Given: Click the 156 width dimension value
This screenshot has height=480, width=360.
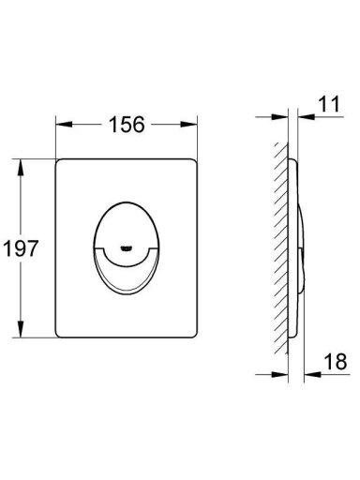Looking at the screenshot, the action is pyautogui.click(x=127, y=125).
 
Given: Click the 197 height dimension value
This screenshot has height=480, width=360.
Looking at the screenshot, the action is pyautogui.click(x=21, y=248).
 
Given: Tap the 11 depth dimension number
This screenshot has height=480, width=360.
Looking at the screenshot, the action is pyautogui.click(x=329, y=104).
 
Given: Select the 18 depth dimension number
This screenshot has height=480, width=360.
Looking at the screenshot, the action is pyautogui.click(x=336, y=361).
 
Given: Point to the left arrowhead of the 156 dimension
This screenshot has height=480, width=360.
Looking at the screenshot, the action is pyautogui.click(x=64, y=125).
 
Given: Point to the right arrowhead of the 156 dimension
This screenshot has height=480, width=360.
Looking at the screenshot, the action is pyautogui.click(x=189, y=125).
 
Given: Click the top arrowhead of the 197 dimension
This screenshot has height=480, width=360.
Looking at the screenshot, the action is pyautogui.click(x=21, y=168).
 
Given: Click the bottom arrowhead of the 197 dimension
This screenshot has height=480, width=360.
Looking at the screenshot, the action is pyautogui.click(x=21, y=329).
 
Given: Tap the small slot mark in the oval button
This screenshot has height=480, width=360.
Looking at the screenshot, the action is pyautogui.click(x=127, y=248).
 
